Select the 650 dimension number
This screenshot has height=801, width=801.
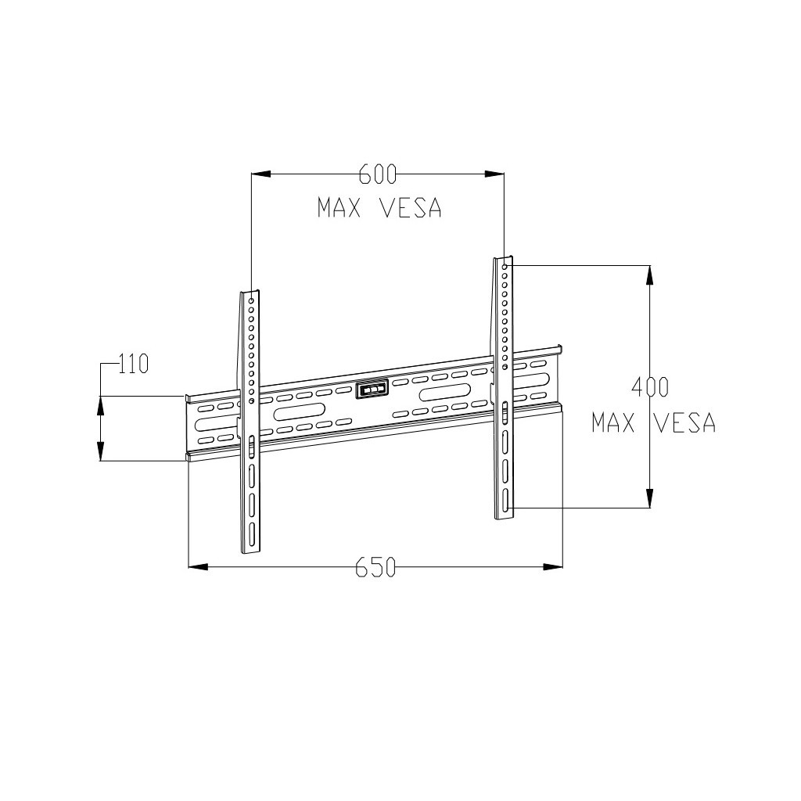[x=375, y=567]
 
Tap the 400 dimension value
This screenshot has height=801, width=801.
[x=650, y=386]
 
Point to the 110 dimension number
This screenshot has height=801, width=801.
[x=133, y=364]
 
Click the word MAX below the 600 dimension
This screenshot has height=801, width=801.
[x=338, y=208]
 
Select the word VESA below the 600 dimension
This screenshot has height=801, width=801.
[x=411, y=208]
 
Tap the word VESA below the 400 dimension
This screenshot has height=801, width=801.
[x=684, y=423]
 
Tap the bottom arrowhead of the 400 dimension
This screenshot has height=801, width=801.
[x=649, y=498]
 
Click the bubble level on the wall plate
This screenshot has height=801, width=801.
[x=372, y=389]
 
